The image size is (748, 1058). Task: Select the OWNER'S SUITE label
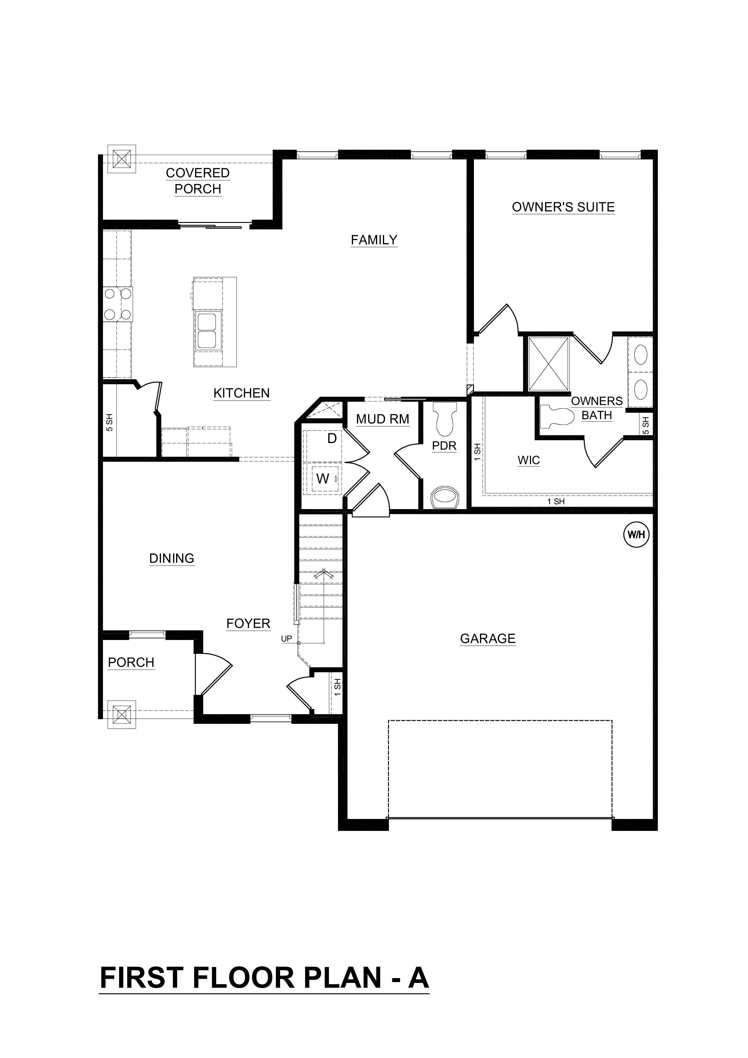563,207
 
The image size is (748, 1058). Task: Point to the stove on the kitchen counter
118,304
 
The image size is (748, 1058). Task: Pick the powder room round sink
444,498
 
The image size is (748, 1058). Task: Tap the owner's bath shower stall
548,364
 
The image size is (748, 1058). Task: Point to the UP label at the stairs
286,639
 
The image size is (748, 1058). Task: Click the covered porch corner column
122,159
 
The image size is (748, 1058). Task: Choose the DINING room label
172,559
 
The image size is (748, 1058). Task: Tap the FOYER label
248,623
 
